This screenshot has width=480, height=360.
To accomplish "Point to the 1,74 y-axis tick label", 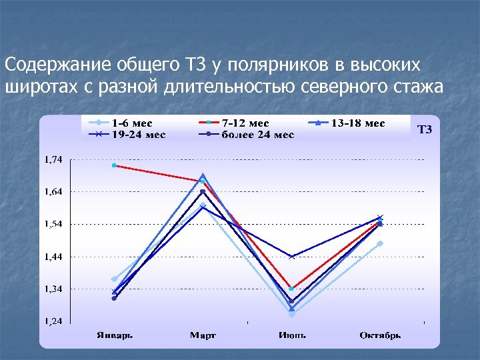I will coord(54,159).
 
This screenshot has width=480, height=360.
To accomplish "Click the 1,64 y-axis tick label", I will coord(54,192).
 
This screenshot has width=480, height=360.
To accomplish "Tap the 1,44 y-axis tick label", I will coord(54,257).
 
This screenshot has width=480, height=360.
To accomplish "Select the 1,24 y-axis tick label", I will coord(54,321).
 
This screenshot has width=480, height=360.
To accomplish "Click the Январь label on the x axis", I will coord(114,335).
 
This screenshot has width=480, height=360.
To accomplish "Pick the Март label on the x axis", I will coord(203,335).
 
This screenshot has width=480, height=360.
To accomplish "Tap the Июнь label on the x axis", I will coord(291,335).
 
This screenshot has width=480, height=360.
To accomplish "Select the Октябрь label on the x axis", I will coord(380,335).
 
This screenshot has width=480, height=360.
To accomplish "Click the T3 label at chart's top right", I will coord(425,130).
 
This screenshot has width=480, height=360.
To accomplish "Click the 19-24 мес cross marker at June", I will coord(291,257).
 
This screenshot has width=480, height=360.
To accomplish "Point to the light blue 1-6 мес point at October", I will coord(380,243).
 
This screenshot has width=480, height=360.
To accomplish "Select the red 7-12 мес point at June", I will coord(291,289).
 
